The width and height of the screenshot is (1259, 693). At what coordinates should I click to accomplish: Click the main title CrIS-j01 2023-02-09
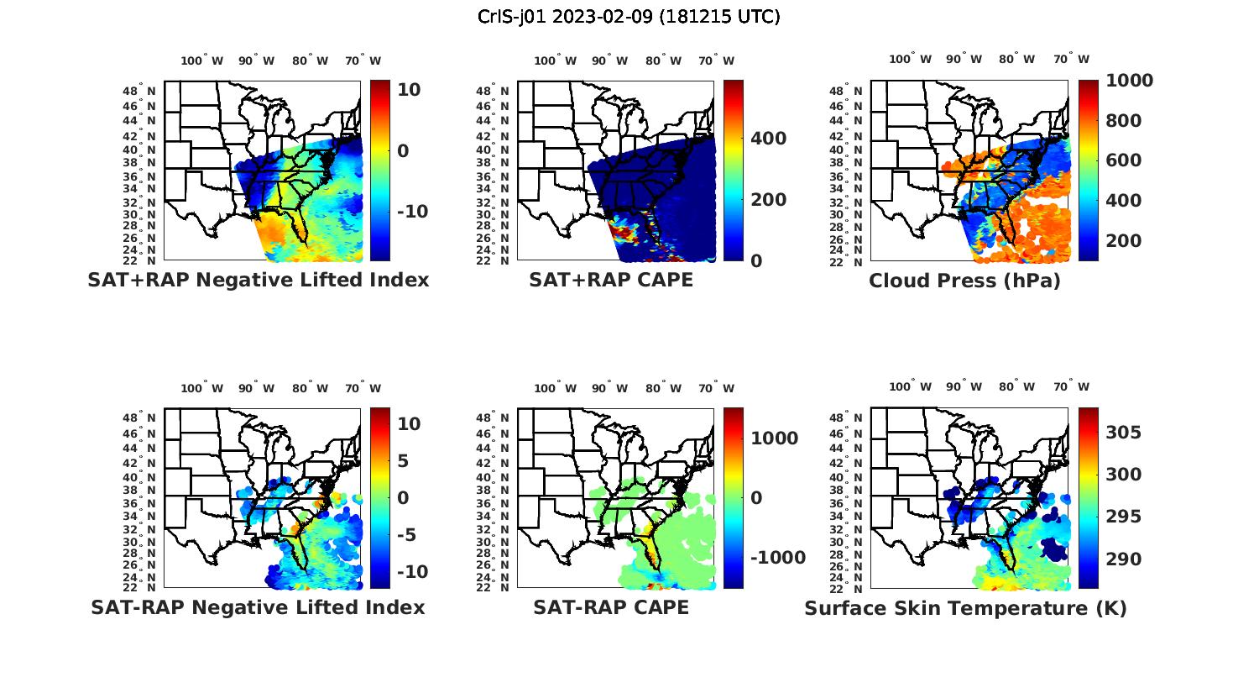[629, 16]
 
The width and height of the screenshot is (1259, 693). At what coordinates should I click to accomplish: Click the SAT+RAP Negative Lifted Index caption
[258, 280]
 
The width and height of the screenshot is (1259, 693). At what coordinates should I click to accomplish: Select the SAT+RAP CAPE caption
[611, 280]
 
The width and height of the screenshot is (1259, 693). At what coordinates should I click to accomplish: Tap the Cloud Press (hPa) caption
[964, 281]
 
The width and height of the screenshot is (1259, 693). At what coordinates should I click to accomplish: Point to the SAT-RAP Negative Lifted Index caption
[258, 607]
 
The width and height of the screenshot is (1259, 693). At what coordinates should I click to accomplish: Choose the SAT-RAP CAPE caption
[611, 607]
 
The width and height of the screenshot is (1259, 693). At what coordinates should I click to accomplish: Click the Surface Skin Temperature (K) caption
[965, 608]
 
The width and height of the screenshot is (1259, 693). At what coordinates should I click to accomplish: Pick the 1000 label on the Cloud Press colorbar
[1129, 81]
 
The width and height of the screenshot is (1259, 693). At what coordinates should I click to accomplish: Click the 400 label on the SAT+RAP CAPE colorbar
[768, 139]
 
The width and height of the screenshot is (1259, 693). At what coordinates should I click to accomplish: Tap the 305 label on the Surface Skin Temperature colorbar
[1124, 433]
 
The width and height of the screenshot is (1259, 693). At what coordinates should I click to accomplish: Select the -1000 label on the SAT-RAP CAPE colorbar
[776, 558]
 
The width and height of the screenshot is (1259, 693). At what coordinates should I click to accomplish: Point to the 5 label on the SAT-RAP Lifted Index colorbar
[403, 461]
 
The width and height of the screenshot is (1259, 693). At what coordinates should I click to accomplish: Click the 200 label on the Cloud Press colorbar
[1124, 241]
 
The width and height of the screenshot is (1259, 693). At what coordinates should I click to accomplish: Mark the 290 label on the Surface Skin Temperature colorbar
[1124, 559]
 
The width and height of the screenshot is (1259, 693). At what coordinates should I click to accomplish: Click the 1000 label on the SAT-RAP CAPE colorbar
[774, 438]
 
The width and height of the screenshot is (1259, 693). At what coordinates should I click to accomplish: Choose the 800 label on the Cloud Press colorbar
[1124, 121]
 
